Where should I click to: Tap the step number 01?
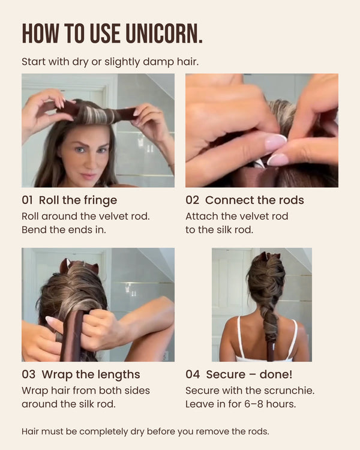coord(27,200)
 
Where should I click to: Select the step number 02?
coord(192,200)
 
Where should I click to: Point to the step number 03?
coord(28,374)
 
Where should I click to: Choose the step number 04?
coord(193,374)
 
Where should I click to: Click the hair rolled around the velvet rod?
coord(96,114)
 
